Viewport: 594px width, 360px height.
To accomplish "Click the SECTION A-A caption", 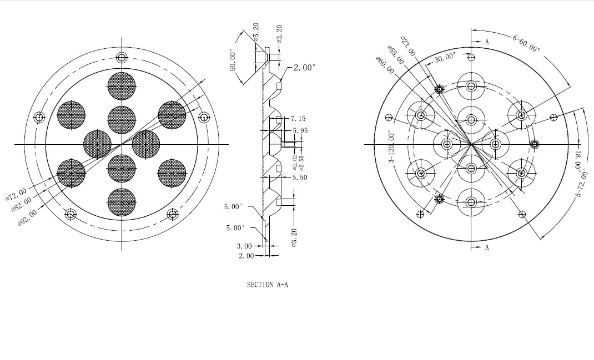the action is (x=268, y=285).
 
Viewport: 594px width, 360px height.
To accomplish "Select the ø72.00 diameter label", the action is (x=16, y=194).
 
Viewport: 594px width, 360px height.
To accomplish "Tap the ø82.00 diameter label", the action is (x=22, y=204).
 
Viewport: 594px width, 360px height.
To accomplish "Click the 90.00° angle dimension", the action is (x=233, y=60).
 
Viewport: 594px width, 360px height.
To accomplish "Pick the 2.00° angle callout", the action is (x=305, y=67).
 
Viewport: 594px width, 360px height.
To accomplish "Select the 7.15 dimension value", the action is (x=298, y=119).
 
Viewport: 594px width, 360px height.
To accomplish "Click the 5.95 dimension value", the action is (x=300, y=130).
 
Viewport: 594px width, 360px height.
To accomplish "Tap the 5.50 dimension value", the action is (x=300, y=177).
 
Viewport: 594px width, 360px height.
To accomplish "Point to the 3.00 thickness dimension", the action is (x=244, y=246).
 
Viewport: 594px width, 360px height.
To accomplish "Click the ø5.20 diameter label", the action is (x=256, y=32).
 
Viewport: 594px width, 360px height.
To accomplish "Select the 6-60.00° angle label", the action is (x=527, y=43).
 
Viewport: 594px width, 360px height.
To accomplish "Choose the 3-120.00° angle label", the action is (x=391, y=147).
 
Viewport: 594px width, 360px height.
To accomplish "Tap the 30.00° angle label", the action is (x=445, y=58).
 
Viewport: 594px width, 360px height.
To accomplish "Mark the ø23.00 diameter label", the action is (x=408, y=46).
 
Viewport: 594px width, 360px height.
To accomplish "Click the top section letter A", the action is (x=487, y=42).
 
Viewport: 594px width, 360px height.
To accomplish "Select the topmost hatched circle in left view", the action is (x=122, y=86).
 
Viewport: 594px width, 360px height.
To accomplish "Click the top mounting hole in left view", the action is (x=122, y=58).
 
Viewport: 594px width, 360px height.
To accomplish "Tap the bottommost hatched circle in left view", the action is (x=122, y=202).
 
